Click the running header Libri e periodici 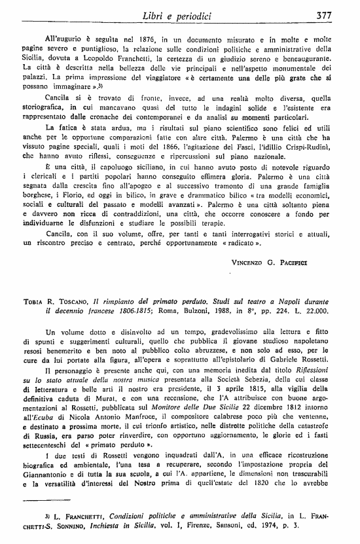190,14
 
